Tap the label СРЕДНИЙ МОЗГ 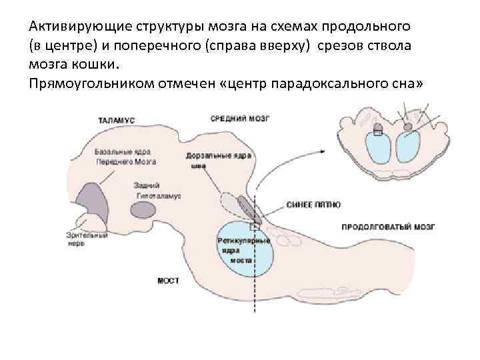click(239, 119)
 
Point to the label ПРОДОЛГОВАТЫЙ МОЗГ click(387, 227)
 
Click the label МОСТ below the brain click(168, 281)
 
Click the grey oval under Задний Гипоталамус click(143, 210)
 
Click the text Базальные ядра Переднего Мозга click(125, 157)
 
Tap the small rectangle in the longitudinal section click(254, 227)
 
